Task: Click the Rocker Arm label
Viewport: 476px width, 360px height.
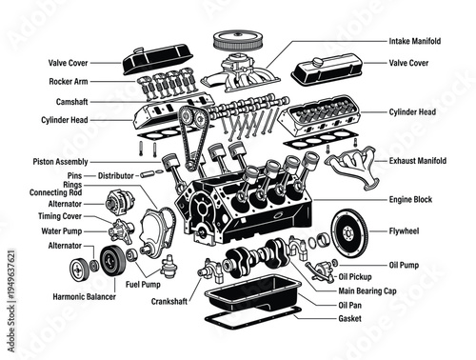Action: [x=69, y=82]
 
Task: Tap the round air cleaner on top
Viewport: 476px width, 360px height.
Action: [x=235, y=41]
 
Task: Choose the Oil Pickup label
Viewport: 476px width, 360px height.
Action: [x=358, y=276]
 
